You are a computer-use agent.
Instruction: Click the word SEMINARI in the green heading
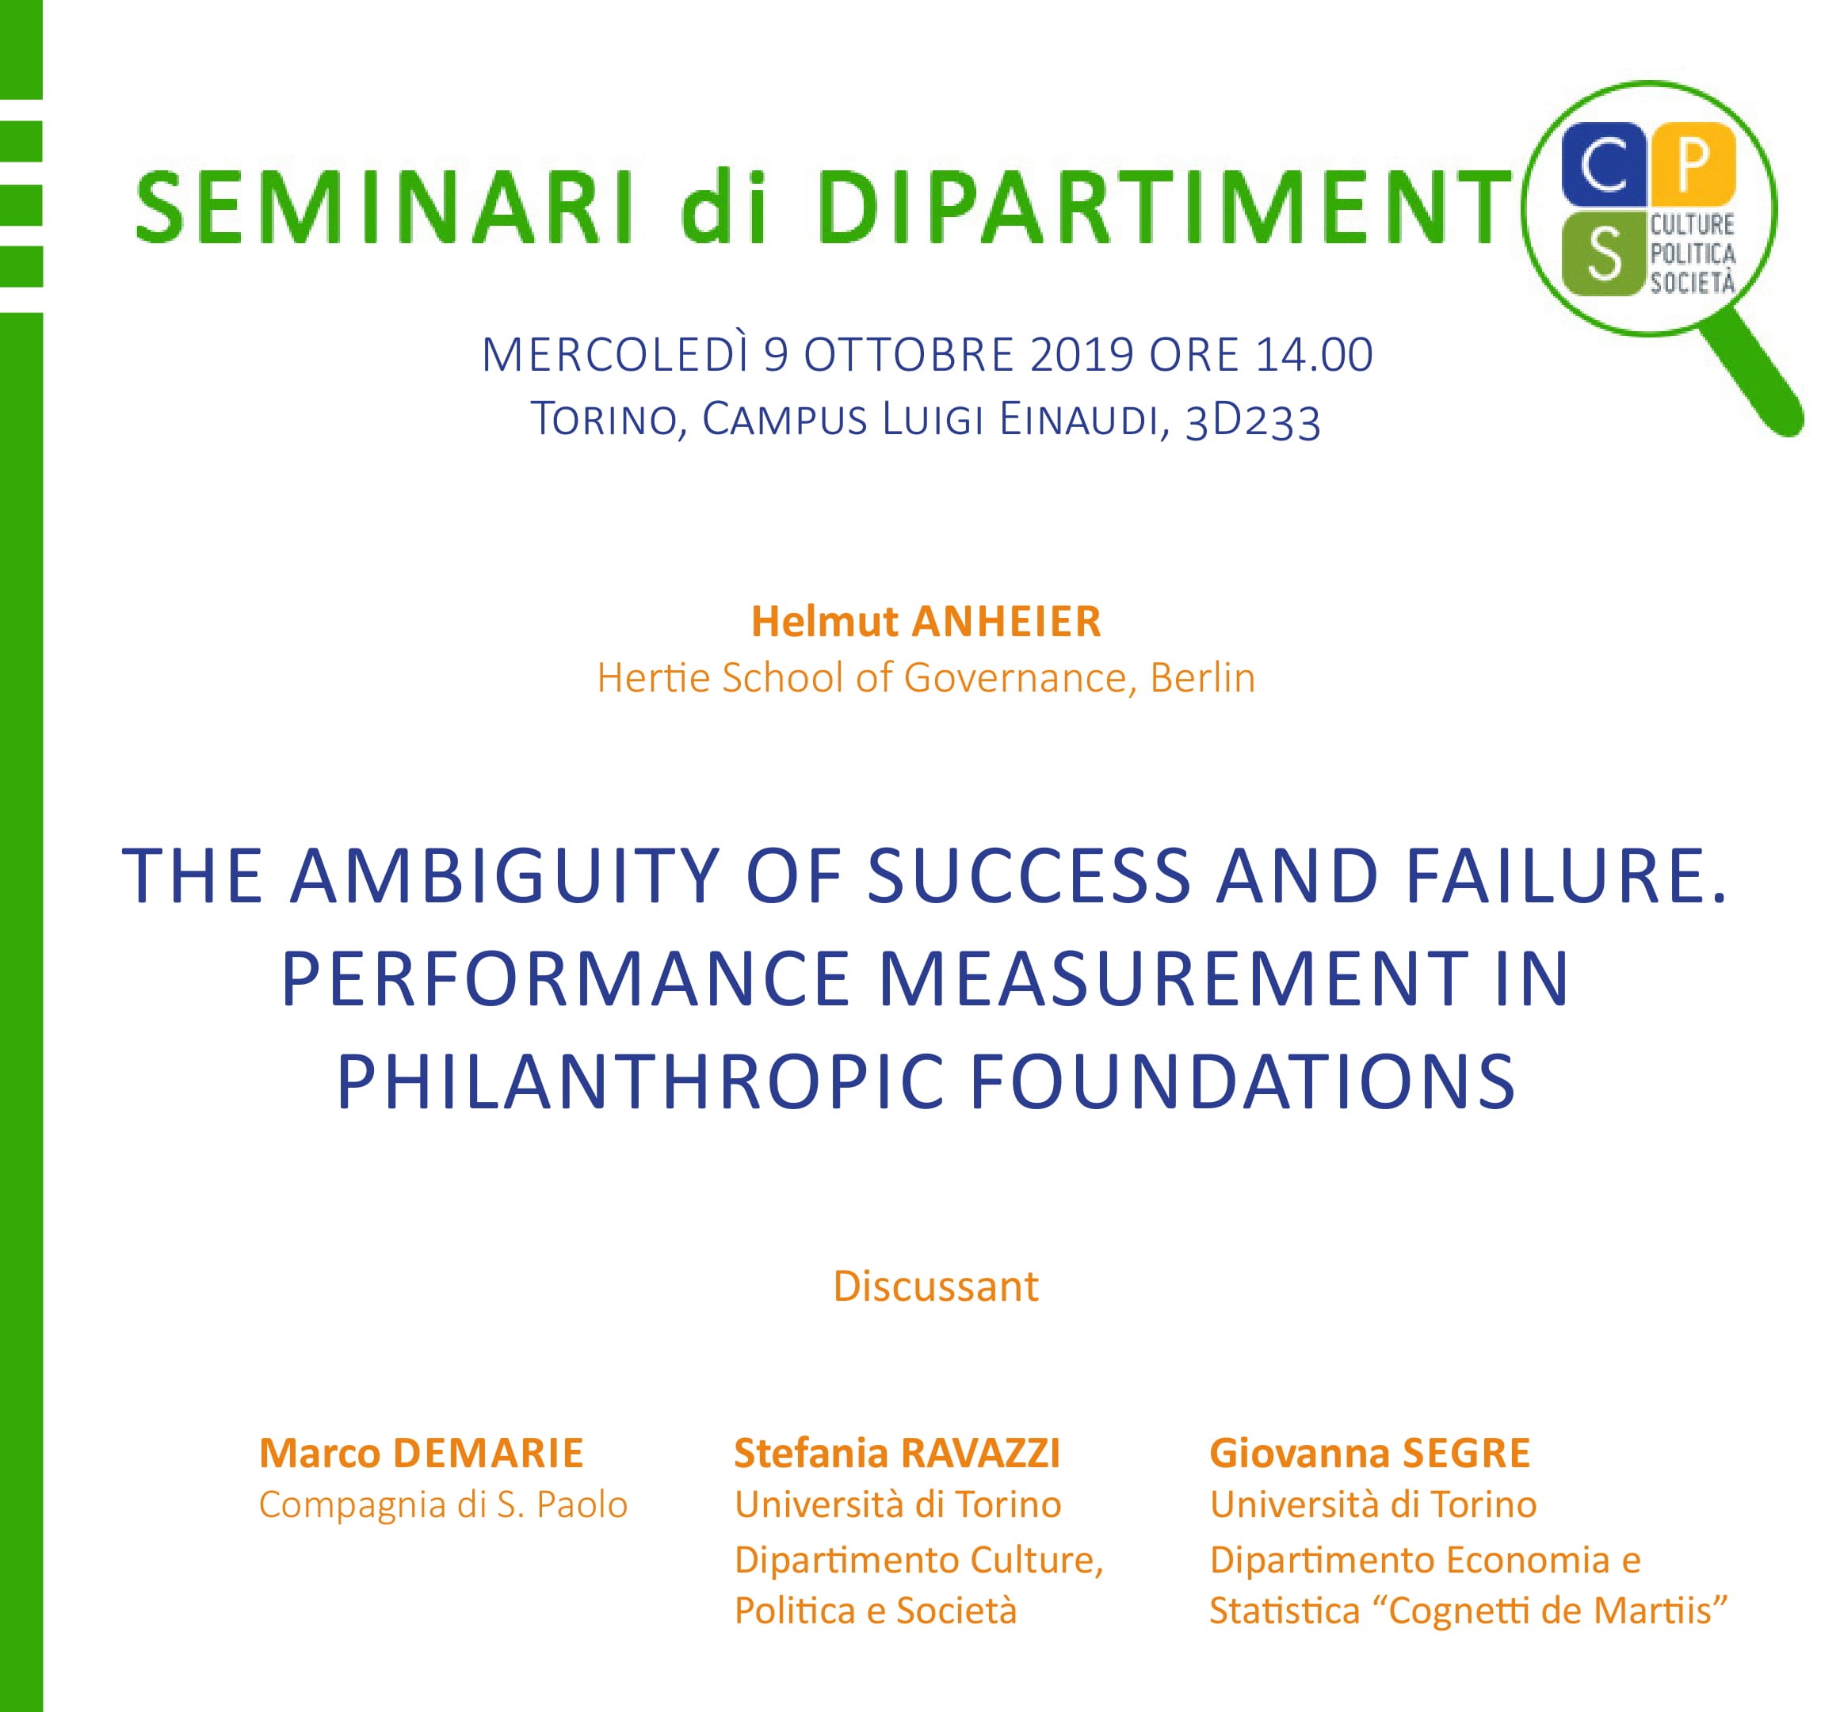click(385, 208)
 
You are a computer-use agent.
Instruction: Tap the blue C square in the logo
click(1603, 165)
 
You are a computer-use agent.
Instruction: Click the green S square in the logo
click(1603, 253)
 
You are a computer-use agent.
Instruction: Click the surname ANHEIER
click(1006, 622)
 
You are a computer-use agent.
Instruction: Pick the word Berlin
click(1202, 678)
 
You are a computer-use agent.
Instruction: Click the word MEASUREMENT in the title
click(1174, 978)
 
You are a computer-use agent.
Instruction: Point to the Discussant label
click(936, 1287)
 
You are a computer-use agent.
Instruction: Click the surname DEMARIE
click(488, 1453)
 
